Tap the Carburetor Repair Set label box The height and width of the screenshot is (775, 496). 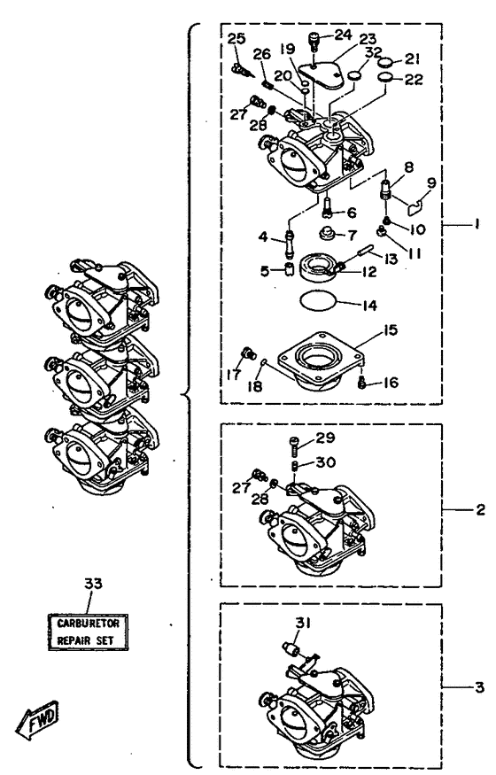[x=88, y=632]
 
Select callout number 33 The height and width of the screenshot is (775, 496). [x=93, y=584]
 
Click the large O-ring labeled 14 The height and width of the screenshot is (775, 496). [x=318, y=301]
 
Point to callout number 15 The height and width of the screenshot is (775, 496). [x=391, y=329]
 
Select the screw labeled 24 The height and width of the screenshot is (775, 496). [x=314, y=40]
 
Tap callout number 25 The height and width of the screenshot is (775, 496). [x=236, y=39]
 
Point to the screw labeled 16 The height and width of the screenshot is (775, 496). [x=361, y=383]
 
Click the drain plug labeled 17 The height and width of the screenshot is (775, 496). [x=246, y=353]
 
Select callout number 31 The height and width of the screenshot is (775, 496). [x=303, y=623]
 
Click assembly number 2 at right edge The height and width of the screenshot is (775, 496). [x=480, y=509]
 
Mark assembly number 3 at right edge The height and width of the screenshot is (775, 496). [x=479, y=686]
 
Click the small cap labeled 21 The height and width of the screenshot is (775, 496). [x=386, y=63]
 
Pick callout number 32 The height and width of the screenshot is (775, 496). [x=374, y=52]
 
